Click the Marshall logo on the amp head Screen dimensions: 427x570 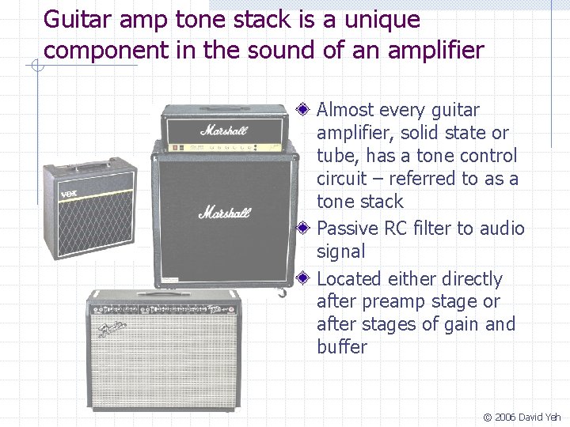pyautogui.click(x=224, y=129)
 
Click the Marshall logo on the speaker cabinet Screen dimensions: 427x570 pyautogui.click(x=224, y=212)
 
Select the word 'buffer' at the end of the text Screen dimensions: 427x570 pyautogui.click(x=342, y=347)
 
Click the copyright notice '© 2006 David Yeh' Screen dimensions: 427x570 pyautogui.click(x=522, y=417)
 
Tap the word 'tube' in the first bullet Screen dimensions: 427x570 pyautogui.click(x=333, y=156)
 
